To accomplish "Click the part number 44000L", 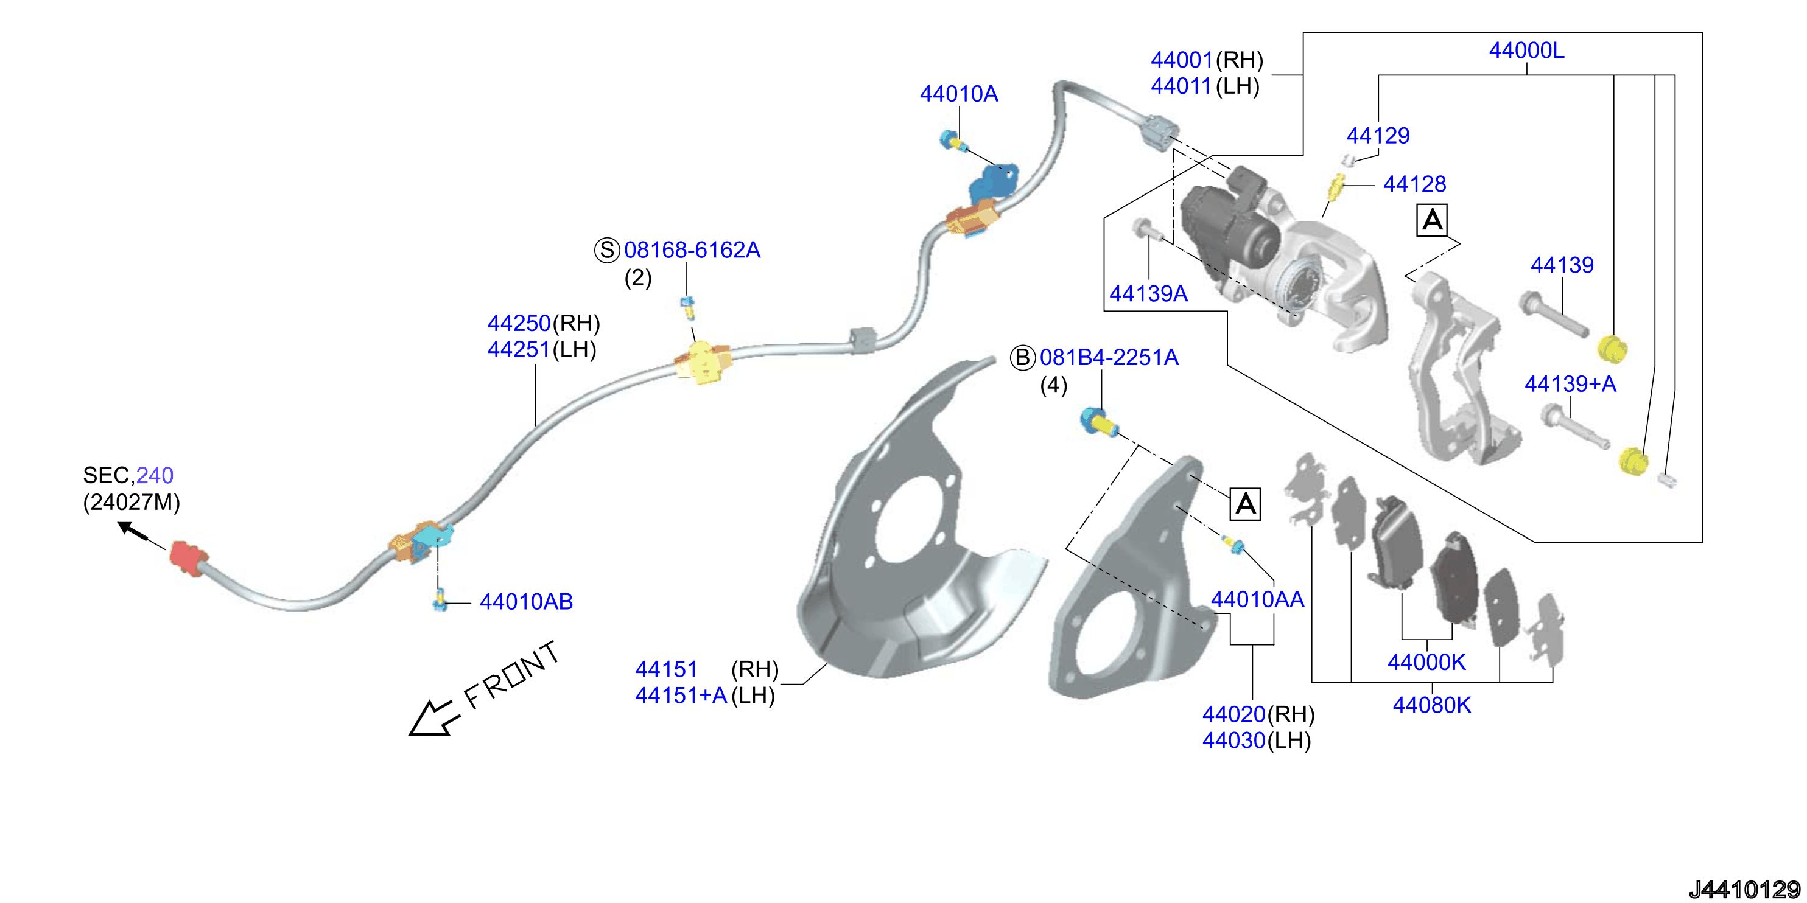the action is tap(1526, 51).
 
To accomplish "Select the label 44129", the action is tap(1378, 135).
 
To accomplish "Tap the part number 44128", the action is tap(1414, 184).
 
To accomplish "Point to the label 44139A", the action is tap(1148, 293).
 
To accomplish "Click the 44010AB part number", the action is tap(526, 602).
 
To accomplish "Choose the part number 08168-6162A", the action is tap(692, 249).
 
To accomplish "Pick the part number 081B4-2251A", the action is tap(1109, 358).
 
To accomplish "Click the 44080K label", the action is tap(1432, 705).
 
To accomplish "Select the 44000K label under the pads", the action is tap(1427, 662).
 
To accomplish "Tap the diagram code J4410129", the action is tap(1744, 890).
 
